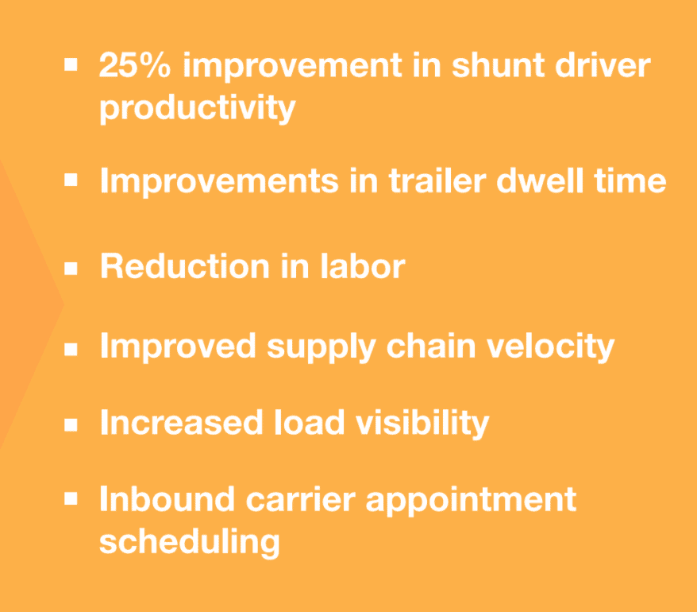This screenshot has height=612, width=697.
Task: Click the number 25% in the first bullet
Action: (x=135, y=65)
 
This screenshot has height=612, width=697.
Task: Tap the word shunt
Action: (x=498, y=65)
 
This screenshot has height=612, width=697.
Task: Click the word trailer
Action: (x=437, y=180)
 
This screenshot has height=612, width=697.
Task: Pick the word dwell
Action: (x=540, y=180)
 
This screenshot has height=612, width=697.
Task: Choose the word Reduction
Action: (x=185, y=266)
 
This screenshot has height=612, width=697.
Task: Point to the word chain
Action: (x=431, y=346)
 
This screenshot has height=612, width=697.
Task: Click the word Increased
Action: (x=181, y=422)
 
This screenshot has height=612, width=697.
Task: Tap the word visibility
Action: (x=422, y=424)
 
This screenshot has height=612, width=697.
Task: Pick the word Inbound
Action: (x=168, y=499)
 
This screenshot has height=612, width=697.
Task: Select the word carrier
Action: (x=301, y=499)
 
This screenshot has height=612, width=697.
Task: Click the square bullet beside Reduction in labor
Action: (x=71, y=269)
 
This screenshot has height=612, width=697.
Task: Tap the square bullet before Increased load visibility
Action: (x=71, y=424)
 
